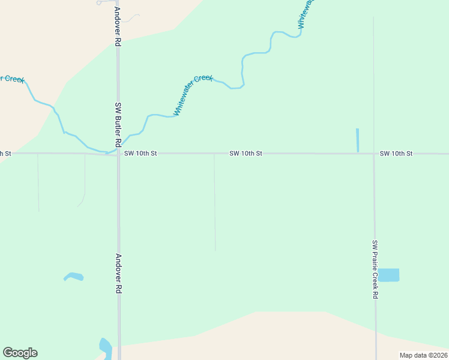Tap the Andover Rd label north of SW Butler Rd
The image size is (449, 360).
click(x=118, y=27)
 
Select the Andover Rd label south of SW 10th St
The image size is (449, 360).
click(x=119, y=272)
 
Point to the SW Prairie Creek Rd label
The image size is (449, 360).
click(x=375, y=269)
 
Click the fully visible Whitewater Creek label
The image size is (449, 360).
click(x=193, y=95)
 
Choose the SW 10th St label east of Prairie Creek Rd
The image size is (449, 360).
click(x=396, y=154)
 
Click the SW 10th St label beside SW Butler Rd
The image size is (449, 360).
click(x=140, y=154)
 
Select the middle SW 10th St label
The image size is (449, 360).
click(x=246, y=154)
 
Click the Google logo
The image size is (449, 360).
click(x=20, y=353)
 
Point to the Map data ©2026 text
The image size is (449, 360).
click(x=423, y=355)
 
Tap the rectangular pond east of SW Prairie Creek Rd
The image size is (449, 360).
click(x=388, y=275)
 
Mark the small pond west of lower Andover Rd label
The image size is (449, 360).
click(x=74, y=277)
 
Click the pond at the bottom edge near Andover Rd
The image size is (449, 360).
click(x=105, y=347)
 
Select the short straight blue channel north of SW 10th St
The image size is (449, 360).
click(x=357, y=140)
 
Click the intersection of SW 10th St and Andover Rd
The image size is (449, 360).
click(x=118, y=154)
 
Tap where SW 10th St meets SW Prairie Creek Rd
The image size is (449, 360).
click(x=373, y=154)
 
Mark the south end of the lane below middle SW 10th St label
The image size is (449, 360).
click(x=215, y=250)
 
